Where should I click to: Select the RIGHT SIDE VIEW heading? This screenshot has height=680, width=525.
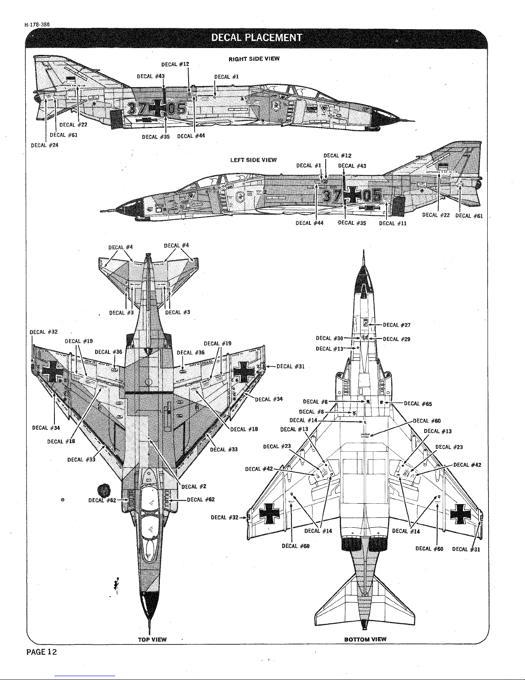point(254,59)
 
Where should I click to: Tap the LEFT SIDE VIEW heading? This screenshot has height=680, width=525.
point(253,160)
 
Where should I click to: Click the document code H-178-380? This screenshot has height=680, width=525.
point(37,24)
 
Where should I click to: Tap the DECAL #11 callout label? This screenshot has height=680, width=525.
point(393,223)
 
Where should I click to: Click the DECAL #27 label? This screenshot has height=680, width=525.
point(397,325)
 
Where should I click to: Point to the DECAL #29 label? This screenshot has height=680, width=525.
point(397,339)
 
